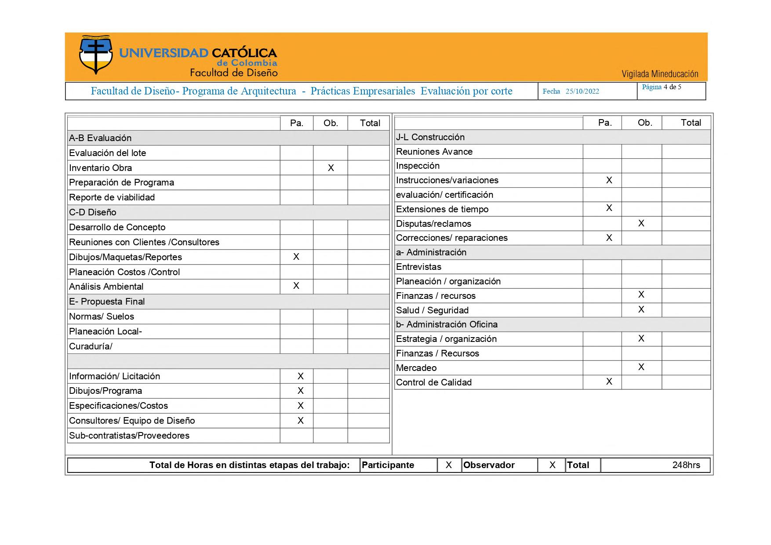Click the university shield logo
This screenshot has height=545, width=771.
(95, 55)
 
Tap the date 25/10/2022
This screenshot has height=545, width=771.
(582, 91)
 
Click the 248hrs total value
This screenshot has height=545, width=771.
(686, 465)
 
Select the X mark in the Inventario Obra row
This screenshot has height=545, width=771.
(331, 168)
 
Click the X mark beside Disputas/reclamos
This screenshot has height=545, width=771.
(641, 223)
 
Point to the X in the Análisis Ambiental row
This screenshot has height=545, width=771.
(296, 286)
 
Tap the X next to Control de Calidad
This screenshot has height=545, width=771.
(609, 381)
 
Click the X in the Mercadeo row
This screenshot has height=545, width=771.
(641, 367)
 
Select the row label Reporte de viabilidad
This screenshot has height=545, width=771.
(112, 197)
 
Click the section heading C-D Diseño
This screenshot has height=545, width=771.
(93, 212)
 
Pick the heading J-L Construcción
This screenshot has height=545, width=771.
(430, 137)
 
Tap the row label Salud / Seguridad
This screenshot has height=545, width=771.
(432, 310)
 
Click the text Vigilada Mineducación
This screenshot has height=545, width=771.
(659, 74)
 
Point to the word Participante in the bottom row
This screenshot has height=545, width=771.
(388, 465)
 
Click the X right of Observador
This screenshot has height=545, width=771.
(553, 465)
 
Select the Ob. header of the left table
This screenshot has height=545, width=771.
(331, 123)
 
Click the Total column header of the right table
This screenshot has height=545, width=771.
(691, 123)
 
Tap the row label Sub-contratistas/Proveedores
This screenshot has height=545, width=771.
(129, 436)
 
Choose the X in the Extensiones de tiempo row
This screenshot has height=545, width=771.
(609, 208)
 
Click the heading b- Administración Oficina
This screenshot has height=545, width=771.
(447, 324)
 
